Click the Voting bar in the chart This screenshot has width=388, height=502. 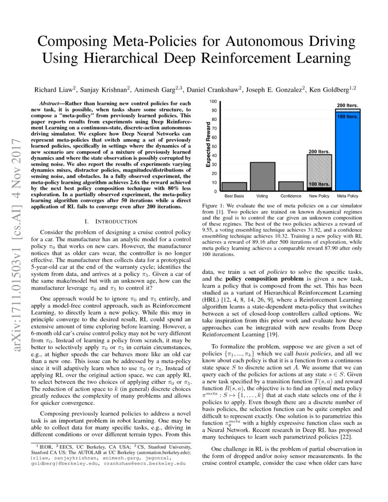[x=262, y=177]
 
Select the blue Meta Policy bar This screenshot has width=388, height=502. [x=347, y=155]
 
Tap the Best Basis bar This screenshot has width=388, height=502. [x=234, y=187]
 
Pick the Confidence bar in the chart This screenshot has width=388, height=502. [x=291, y=186]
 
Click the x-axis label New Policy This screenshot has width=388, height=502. [x=319, y=196]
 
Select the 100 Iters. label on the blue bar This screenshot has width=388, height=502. [x=347, y=117]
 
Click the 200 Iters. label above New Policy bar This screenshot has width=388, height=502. [x=319, y=151]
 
